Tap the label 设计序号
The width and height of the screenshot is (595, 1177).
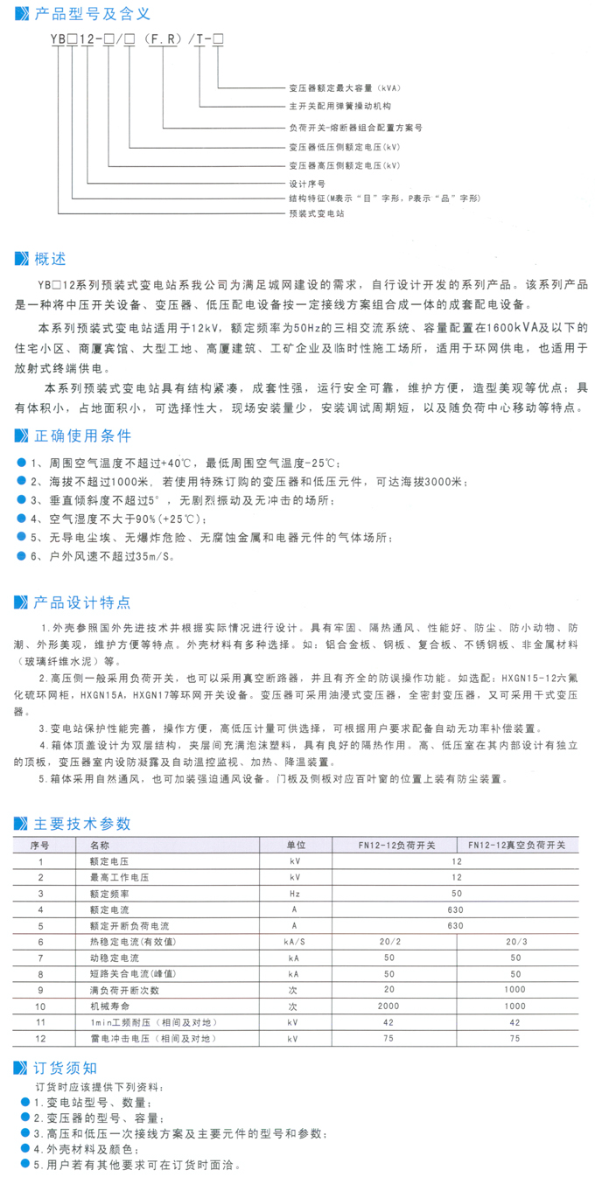tap(307, 185)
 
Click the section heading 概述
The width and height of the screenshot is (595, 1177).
tap(50, 260)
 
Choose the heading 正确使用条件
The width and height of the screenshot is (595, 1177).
tap(82, 435)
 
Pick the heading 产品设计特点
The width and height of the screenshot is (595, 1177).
tap(82, 602)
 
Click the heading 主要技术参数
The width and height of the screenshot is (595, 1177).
tap(82, 823)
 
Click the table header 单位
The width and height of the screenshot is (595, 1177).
tap(295, 846)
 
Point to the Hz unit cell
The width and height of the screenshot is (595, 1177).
tap(295, 894)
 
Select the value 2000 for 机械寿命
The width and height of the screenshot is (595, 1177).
tap(389, 1006)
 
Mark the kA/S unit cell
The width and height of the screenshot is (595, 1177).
tap(295, 942)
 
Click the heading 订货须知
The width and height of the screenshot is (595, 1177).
tap(66, 1067)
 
